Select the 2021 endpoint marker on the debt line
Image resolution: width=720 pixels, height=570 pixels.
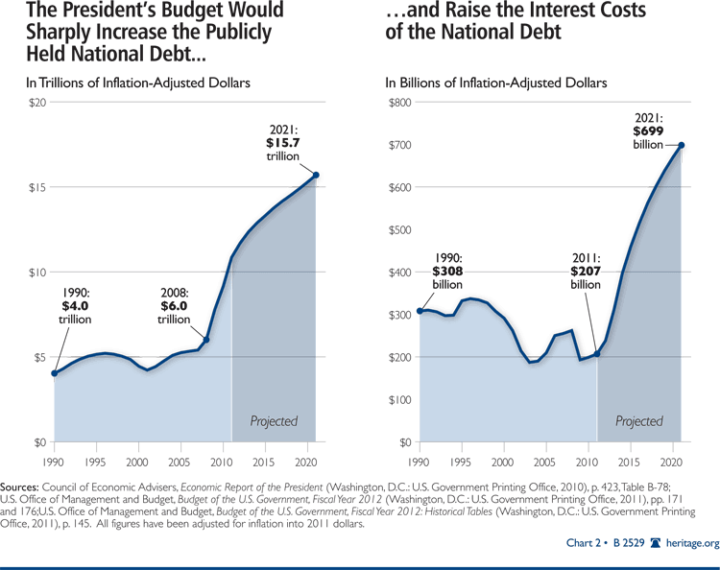tap(316, 175)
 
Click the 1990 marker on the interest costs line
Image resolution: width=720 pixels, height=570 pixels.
tap(420, 311)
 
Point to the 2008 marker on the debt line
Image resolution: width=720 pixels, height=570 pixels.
tap(206, 340)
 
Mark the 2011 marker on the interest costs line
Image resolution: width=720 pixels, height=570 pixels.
tap(597, 354)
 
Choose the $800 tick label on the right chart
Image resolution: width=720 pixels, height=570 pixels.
tap(399, 103)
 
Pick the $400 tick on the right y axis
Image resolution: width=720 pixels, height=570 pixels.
tap(399, 273)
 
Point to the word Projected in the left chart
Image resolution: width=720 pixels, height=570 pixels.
tap(274, 420)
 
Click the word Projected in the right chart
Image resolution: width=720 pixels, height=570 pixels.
tap(639, 420)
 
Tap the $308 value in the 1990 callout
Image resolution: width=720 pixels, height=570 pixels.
tap(453, 272)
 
